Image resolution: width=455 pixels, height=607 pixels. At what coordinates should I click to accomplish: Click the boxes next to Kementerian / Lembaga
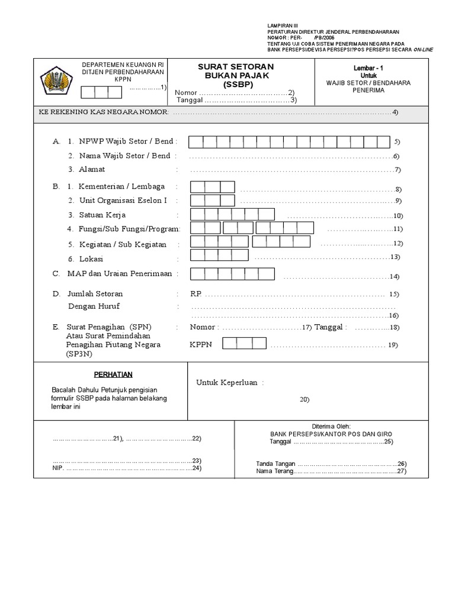tap(213, 187)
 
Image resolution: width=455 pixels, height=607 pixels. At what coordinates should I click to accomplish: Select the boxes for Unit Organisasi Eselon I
tap(213, 201)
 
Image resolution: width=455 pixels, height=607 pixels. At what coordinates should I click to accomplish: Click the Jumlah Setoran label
tap(95, 293)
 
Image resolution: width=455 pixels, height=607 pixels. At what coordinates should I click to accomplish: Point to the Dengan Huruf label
tap(94, 306)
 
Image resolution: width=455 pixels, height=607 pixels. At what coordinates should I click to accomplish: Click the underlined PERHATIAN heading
tap(113, 375)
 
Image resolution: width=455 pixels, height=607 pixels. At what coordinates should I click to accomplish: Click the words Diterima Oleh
tap(331, 426)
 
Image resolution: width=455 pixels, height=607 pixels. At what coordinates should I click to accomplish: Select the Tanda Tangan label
tap(275, 464)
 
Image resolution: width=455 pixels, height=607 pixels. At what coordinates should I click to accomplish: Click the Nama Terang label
tap(274, 471)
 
